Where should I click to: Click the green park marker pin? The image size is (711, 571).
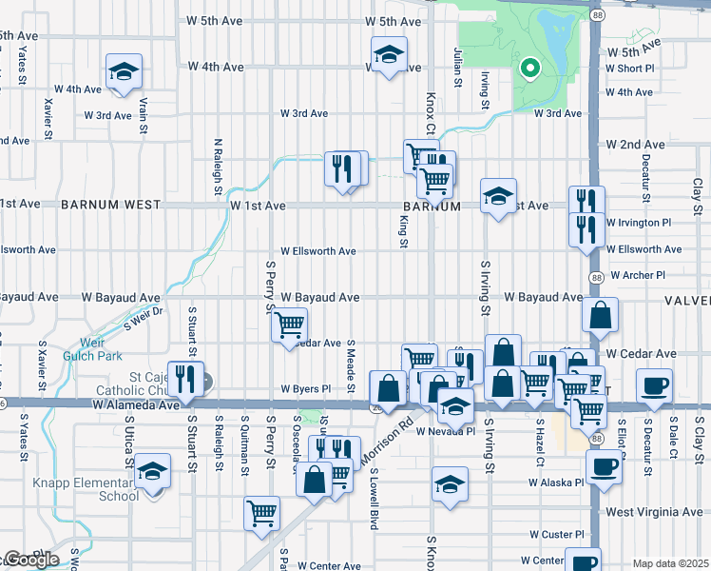(528, 69)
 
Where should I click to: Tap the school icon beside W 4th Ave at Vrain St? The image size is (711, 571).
(123, 72)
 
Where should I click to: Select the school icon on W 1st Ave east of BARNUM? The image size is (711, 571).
(498, 197)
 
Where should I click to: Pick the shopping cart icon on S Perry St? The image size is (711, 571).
(290, 326)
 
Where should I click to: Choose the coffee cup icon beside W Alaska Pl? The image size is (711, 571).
(603, 466)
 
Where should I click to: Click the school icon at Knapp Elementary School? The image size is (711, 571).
(151, 471)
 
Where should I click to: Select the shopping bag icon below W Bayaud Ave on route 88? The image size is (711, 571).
(601, 316)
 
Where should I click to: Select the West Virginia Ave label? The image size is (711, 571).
(656, 512)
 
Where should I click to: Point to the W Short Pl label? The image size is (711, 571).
(636, 69)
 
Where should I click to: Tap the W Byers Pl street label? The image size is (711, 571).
(305, 389)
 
